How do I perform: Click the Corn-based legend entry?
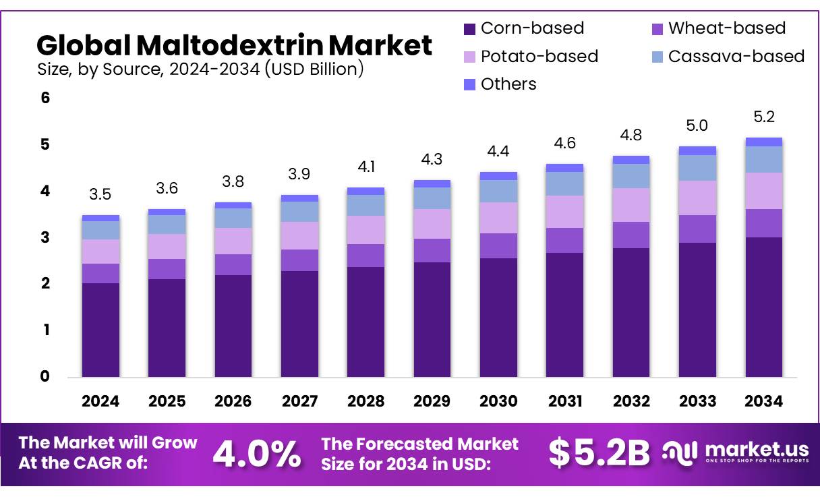tap(524, 28)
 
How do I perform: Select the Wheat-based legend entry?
tap(719, 28)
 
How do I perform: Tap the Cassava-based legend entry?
tap(728, 56)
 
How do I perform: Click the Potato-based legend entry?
tap(531, 56)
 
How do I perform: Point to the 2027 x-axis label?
tap(299, 401)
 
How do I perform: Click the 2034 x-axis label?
tap(764, 401)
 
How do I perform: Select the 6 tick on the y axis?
tap(45, 98)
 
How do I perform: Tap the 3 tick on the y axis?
tap(45, 237)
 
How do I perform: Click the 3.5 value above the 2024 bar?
tap(100, 195)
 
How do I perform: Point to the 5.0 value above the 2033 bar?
tap(697, 125)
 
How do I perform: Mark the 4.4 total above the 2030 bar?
tap(498, 152)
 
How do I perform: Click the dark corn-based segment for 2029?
tap(432, 319)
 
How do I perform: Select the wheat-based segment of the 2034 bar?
tap(764, 223)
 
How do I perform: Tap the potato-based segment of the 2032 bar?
tap(631, 205)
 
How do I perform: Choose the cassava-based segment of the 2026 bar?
tap(233, 218)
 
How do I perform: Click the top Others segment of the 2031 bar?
tap(565, 168)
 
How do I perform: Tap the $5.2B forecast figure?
tap(599, 453)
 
